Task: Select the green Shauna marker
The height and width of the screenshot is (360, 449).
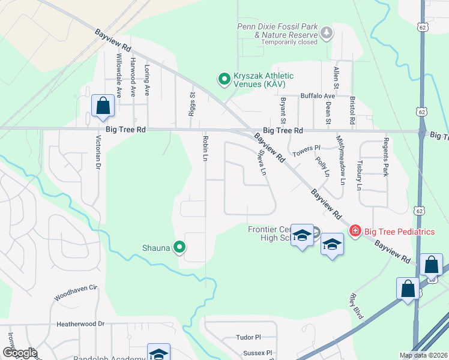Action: click(179, 247)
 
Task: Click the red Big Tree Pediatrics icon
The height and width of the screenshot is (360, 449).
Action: click(355, 231)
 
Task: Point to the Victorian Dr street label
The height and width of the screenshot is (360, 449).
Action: click(97, 153)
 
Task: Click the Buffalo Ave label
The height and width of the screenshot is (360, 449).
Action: click(318, 96)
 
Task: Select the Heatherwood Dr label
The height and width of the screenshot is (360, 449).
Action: click(80, 324)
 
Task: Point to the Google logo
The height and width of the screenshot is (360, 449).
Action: click(19, 353)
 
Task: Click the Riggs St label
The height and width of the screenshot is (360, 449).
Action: click(193, 100)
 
